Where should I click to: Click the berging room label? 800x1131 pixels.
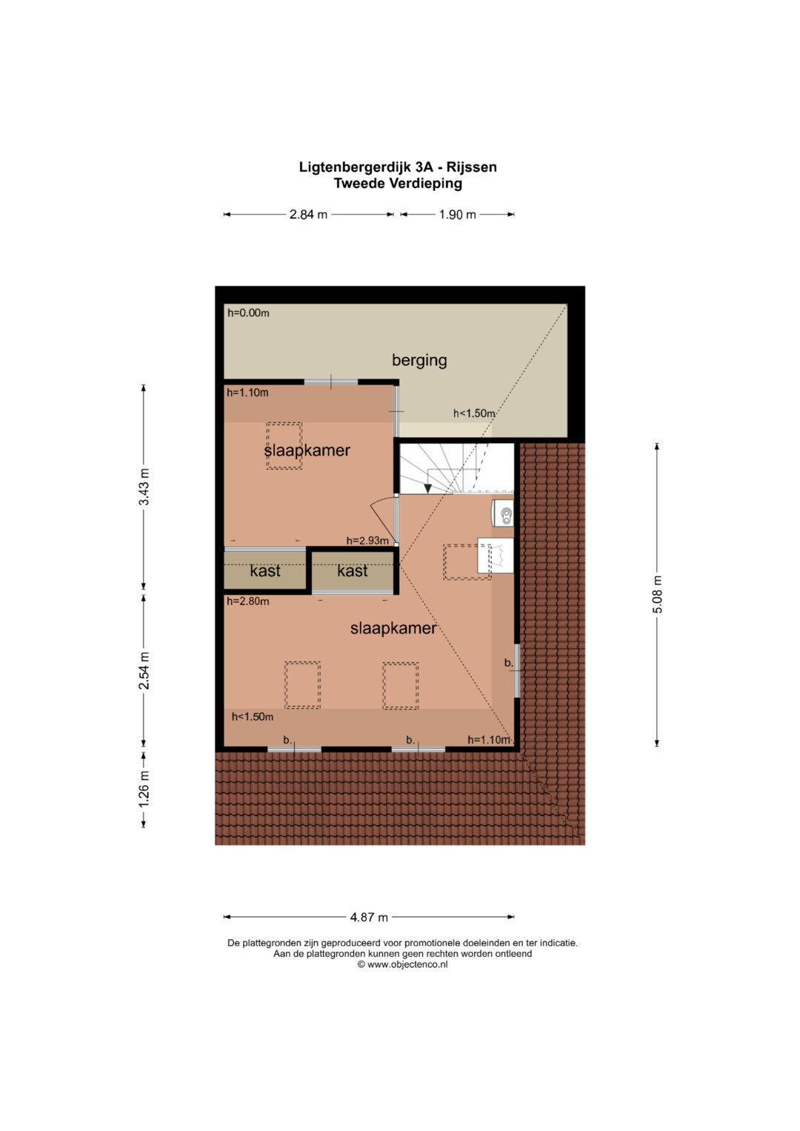pyautogui.click(x=419, y=361)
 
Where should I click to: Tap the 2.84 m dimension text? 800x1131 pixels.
pyautogui.click(x=308, y=215)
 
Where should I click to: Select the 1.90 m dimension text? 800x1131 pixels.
pyautogui.click(x=457, y=215)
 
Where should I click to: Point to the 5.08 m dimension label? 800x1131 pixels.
pyautogui.click(x=657, y=594)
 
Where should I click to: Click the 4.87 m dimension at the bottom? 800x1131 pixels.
pyautogui.click(x=369, y=917)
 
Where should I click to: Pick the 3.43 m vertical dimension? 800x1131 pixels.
pyautogui.click(x=144, y=487)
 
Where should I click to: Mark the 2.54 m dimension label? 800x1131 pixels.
pyautogui.click(x=144, y=670)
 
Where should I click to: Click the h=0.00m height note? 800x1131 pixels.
pyautogui.click(x=248, y=313)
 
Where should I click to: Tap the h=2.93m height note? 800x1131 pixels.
pyautogui.click(x=367, y=541)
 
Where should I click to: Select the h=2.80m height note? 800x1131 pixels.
pyautogui.click(x=247, y=601)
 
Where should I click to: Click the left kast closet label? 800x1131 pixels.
pyautogui.click(x=265, y=571)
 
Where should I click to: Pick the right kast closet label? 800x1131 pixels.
pyautogui.click(x=352, y=571)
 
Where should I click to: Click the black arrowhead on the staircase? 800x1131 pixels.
pyautogui.click(x=428, y=488)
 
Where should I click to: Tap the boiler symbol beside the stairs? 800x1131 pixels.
pyautogui.click(x=502, y=513)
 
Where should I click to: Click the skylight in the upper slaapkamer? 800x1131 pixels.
pyautogui.click(x=284, y=446)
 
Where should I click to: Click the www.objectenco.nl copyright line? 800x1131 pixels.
pyautogui.click(x=402, y=964)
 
